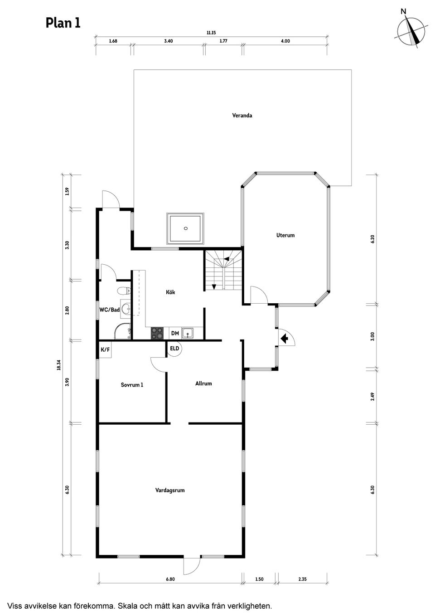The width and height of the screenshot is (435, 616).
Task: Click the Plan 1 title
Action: point(63,23)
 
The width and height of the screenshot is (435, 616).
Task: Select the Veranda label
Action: point(242,116)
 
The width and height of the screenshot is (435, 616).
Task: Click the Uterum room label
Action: point(285,235)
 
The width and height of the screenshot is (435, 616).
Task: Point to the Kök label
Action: point(170,292)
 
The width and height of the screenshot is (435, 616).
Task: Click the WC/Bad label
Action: point(109,310)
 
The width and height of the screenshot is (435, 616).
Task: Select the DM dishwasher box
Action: point(175,334)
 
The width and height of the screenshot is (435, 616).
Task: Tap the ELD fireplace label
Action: point(174,349)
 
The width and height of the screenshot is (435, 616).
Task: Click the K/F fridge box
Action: point(105,349)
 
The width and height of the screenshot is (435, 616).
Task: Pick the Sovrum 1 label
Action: point(132,385)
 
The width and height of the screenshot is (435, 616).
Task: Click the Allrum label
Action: point(203,383)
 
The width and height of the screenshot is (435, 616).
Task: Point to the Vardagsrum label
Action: point(170,490)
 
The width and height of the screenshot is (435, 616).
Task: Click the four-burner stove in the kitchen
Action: point(157,333)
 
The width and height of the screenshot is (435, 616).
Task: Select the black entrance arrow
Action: point(284,338)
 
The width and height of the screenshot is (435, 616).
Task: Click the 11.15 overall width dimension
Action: point(211,33)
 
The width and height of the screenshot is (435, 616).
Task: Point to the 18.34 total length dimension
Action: point(58,365)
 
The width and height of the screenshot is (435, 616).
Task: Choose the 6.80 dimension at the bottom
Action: point(170,579)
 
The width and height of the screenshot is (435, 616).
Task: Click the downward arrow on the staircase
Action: point(214,286)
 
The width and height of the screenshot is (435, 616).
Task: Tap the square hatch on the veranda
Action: point(185,228)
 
